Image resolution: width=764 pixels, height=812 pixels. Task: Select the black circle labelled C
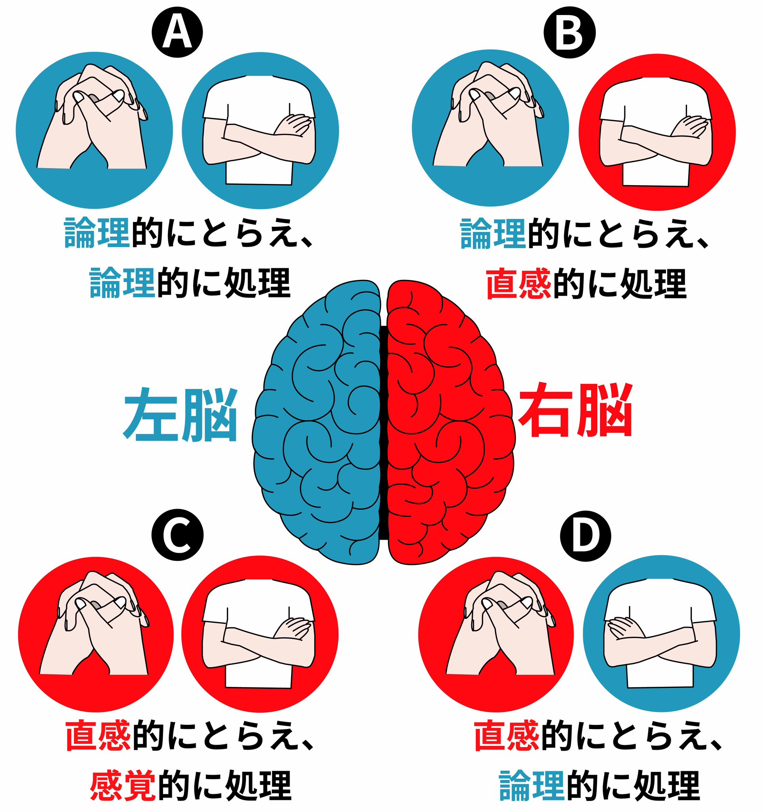coord(177,535)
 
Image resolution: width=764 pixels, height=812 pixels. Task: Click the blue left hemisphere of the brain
coord(317,422)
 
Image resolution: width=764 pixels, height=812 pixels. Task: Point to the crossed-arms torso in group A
coord(260,130)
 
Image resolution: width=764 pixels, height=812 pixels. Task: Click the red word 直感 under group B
coord(518,283)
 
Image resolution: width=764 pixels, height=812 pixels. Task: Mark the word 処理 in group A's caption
coord(257,283)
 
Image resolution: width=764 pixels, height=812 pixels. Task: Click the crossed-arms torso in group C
coord(259,633)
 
